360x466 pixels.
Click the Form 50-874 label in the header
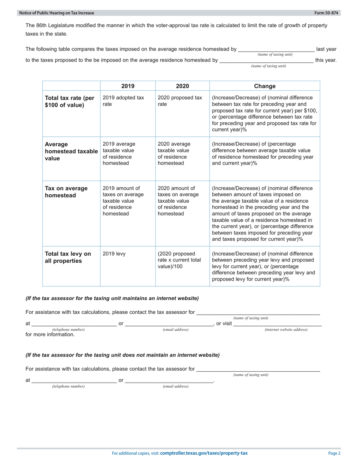point(327,13)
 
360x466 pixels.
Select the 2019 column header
point(128,86)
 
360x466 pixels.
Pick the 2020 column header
point(182,86)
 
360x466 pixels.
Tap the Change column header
point(265,86)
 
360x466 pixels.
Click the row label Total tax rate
point(69,101)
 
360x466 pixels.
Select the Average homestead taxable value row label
point(70,151)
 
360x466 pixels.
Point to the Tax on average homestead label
point(66,192)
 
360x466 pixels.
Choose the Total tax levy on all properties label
point(68,257)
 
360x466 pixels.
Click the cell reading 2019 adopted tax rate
point(123,101)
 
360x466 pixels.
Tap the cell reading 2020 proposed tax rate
point(180,101)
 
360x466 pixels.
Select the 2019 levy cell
point(114,254)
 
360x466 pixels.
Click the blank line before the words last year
point(276,50)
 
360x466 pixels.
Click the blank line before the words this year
point(266,60)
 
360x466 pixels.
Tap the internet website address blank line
point(277,324)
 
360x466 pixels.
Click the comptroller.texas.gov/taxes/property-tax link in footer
point(204,453)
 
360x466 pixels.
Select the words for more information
point(50,335)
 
